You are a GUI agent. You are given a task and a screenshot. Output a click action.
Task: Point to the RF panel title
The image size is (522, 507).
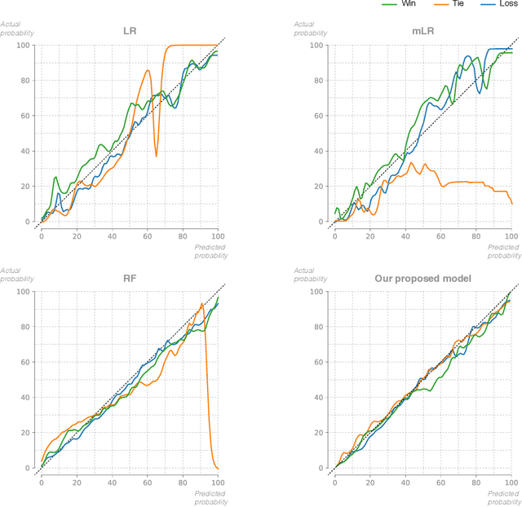[x=129, y=279]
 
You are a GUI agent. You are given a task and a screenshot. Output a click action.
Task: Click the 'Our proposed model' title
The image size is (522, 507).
[x=422, y=279]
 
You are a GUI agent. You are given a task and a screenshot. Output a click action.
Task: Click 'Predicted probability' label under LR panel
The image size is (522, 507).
[x=210, y=250]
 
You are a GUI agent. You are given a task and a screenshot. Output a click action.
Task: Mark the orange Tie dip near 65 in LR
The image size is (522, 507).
[x=156, y=156]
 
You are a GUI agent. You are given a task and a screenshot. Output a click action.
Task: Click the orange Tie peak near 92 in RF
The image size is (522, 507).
[x=202, y=304]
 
